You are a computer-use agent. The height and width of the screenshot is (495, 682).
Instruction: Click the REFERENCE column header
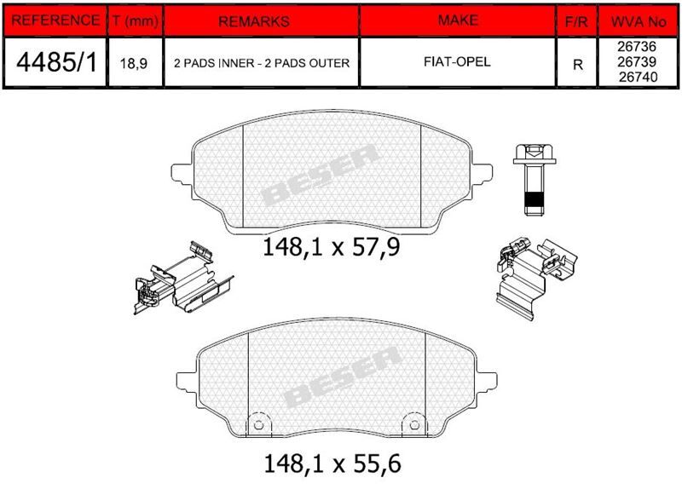pyautogui.click(x=55, y=20)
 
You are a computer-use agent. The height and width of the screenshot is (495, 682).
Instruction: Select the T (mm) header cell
pyautogui.click(x=136, y=20)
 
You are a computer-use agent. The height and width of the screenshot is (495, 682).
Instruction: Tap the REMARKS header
pyautogui.click(x=254, y=21)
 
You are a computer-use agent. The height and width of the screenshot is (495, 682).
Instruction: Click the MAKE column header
pyautogui.click(x=458, y=20)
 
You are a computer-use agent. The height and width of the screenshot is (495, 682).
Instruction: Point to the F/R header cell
pyautogui.click(x=576, y=22)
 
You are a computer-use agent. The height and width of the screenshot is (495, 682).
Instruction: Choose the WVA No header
pyautogui.click(x=639, y=21)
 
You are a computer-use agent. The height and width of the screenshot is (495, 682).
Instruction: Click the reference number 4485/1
pyautogui.click(x=56, y=62)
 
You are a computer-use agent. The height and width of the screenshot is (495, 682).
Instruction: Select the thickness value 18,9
pyautogui.click(x=134, y=63)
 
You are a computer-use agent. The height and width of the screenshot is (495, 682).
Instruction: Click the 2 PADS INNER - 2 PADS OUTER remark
pyautogui.click(x=262, y=63)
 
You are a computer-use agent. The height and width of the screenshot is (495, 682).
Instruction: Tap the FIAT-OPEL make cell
pyautogui.click(x=457, y=61)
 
